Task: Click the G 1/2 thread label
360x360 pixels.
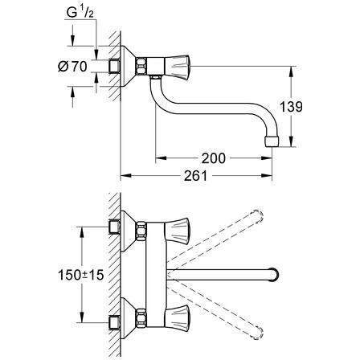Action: click(x=80, y=13)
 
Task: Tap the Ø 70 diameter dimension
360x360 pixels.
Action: click(x=72, y=66)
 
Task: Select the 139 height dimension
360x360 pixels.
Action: click(x=291, y=107)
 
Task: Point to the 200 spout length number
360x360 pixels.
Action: click(x=214, y=158)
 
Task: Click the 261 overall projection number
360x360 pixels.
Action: click(x=196, y=176)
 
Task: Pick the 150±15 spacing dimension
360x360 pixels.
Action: click(x=81, y=275)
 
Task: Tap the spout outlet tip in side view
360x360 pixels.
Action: click(x=272, y=141)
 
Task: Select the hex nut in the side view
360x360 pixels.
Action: click(x=141, y=66)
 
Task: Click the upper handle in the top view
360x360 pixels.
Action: click(x=177, y=229)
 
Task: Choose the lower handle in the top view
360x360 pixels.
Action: click(x=177, y=317)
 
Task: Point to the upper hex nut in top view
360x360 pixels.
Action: click(x=141, y=230)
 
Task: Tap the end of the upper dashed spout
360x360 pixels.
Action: click(x=258, y=216)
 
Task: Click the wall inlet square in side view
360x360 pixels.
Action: click(x=115, y=66)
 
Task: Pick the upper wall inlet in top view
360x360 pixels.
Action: click(x=115, y=227)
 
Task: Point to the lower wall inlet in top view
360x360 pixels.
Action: click(x=115, y=322)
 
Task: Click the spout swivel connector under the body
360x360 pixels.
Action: click(x=155, y=77)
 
